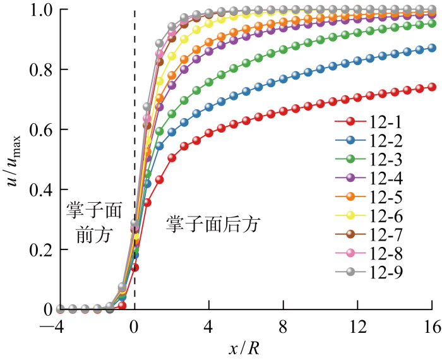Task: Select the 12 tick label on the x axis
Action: pos(357,327)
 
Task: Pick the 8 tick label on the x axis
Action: pos(284,327)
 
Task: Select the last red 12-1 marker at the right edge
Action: pos(432,87)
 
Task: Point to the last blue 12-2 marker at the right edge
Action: pos(432,48)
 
